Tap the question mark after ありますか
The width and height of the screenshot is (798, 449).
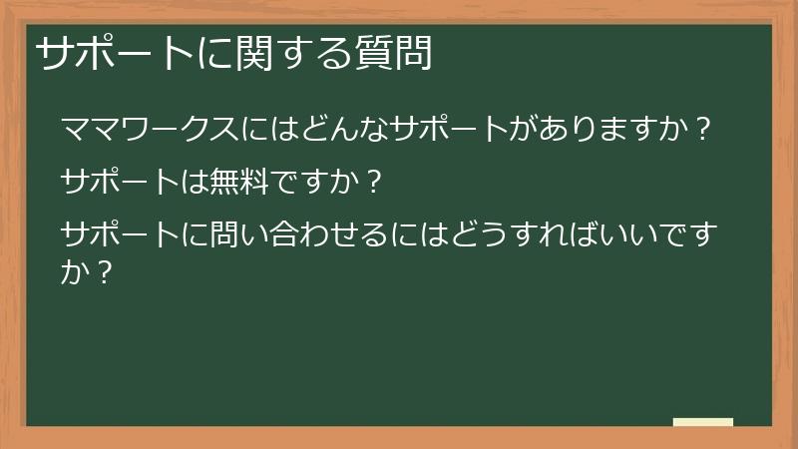point(704,131)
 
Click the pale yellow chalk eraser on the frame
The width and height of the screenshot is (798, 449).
point(703,422)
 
